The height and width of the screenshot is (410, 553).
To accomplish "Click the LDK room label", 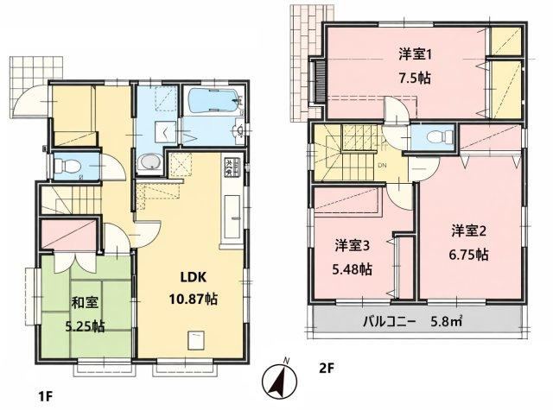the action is tap(193, 278).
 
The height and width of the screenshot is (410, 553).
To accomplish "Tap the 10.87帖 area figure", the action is tap(193, 300).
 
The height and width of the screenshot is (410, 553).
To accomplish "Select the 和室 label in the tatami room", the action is tap(85, 303).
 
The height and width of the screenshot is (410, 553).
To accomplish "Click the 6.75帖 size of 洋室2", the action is tap(468, 254).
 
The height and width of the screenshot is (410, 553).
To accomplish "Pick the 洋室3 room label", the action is tap(352, 245).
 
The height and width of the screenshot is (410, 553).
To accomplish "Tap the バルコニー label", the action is tap(390, 322).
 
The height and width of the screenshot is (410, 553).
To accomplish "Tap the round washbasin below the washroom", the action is tap(149, 163).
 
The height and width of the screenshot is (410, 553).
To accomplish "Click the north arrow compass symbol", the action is tap(280, 380).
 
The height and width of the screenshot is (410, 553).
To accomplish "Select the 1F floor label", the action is tap(45, 396).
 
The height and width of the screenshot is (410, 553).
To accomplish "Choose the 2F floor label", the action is tap(326, 369).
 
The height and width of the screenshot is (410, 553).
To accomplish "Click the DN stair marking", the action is tap(382, 165).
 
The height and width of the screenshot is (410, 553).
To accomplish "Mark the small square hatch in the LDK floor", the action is tap(196, 341).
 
